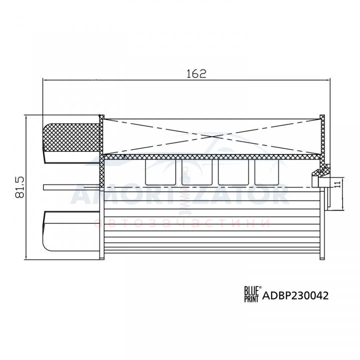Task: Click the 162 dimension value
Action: click(196, 73)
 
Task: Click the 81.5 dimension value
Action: click(19, 187)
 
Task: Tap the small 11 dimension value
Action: click(337, 184)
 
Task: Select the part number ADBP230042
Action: click(295, 295)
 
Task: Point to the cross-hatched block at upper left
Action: click(71, 137)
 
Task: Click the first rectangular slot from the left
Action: click(160, 172)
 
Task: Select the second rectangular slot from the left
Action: click(197, 172)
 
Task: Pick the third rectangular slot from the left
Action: click(233, 172)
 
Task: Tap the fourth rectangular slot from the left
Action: click(266, 172)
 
